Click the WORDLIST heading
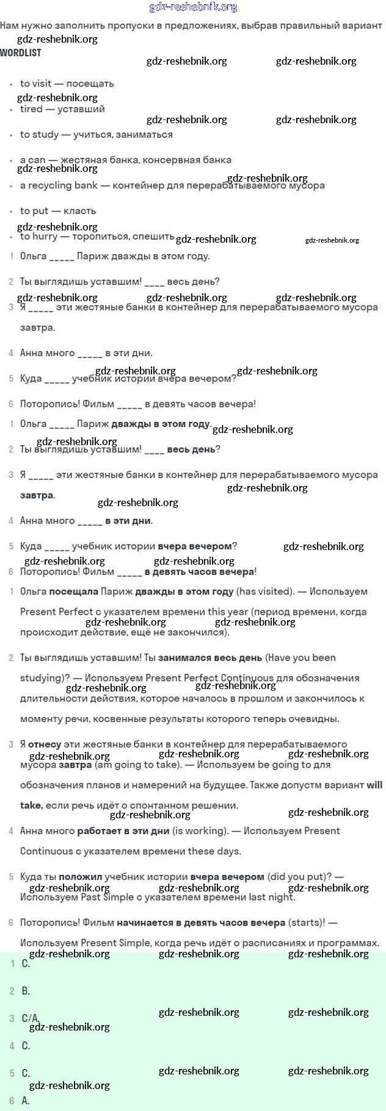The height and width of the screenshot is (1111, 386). tap(21, 53)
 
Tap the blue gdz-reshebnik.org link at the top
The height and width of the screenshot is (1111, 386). tap(193, 7)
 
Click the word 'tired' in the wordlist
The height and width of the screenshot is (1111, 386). tap(31, 109)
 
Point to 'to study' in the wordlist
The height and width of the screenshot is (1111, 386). tap(39, 135)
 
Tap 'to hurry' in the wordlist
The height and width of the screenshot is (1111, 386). tap(39, 237)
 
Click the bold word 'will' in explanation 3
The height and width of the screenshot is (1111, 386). tap(374, 785)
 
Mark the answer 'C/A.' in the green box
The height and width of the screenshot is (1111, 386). tap(31, 1018)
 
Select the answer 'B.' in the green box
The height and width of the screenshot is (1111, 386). tap(26, 991)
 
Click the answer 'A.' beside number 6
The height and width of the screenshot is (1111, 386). tap(26, 1101)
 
